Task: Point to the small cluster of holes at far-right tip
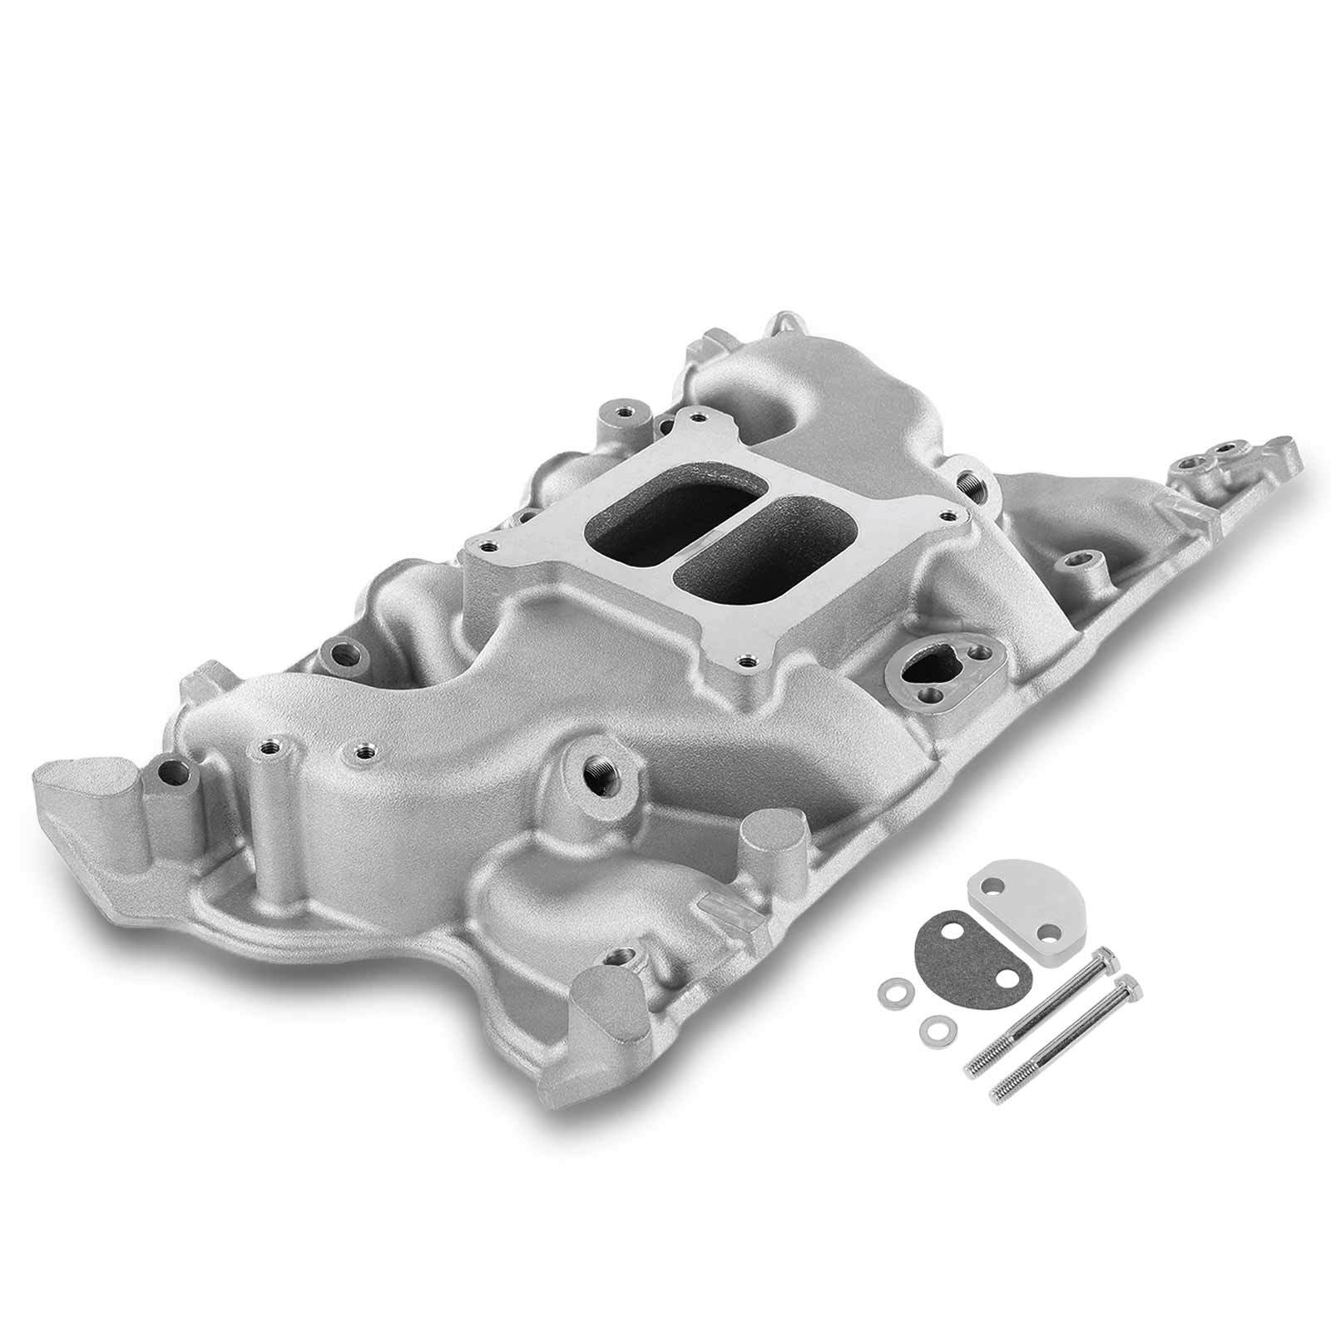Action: (1210, 460)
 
